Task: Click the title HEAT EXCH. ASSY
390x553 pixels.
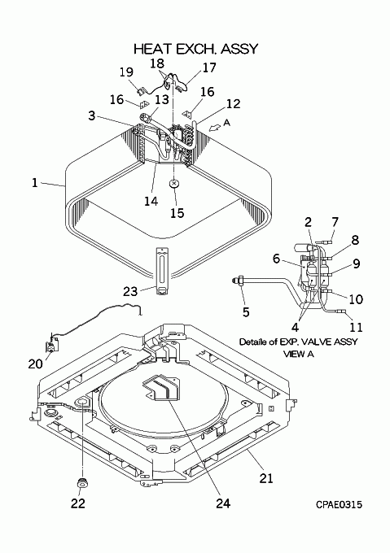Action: (196, 49)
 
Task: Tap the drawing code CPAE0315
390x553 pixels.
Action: (339, 505)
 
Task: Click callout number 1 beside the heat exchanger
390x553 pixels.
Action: (34, 183)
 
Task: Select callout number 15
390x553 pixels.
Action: (177, 213)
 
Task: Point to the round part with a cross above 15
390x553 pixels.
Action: (174, 184)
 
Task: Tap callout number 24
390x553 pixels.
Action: (223, 503)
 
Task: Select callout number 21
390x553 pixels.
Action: (266, 478)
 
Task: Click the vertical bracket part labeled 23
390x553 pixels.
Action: (162, 272)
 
